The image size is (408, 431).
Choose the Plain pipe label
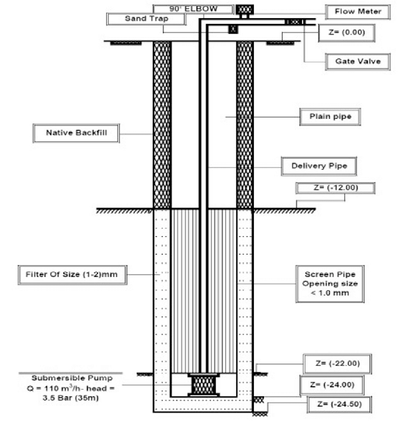coord(330,118)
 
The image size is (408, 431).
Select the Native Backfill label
coord(75,134)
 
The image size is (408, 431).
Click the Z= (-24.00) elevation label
coord(336,385)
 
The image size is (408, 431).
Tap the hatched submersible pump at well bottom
coord(204,384)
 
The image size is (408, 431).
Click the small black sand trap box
coord(233,29)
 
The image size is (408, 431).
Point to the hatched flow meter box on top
coord(244,10)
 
